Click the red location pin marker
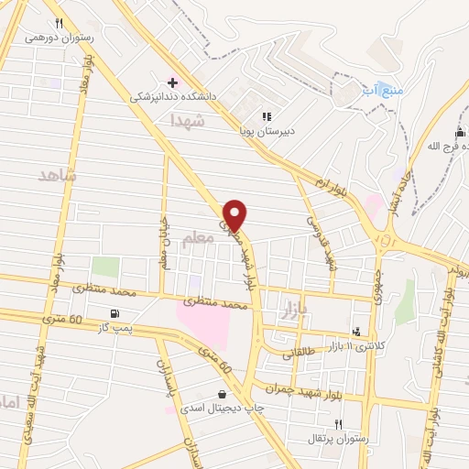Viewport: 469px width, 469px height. [235, 214]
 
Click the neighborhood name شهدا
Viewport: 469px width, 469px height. [212, 120]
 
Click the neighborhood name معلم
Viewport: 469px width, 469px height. [198, 238]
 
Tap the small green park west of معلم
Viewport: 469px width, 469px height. [105, 267]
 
